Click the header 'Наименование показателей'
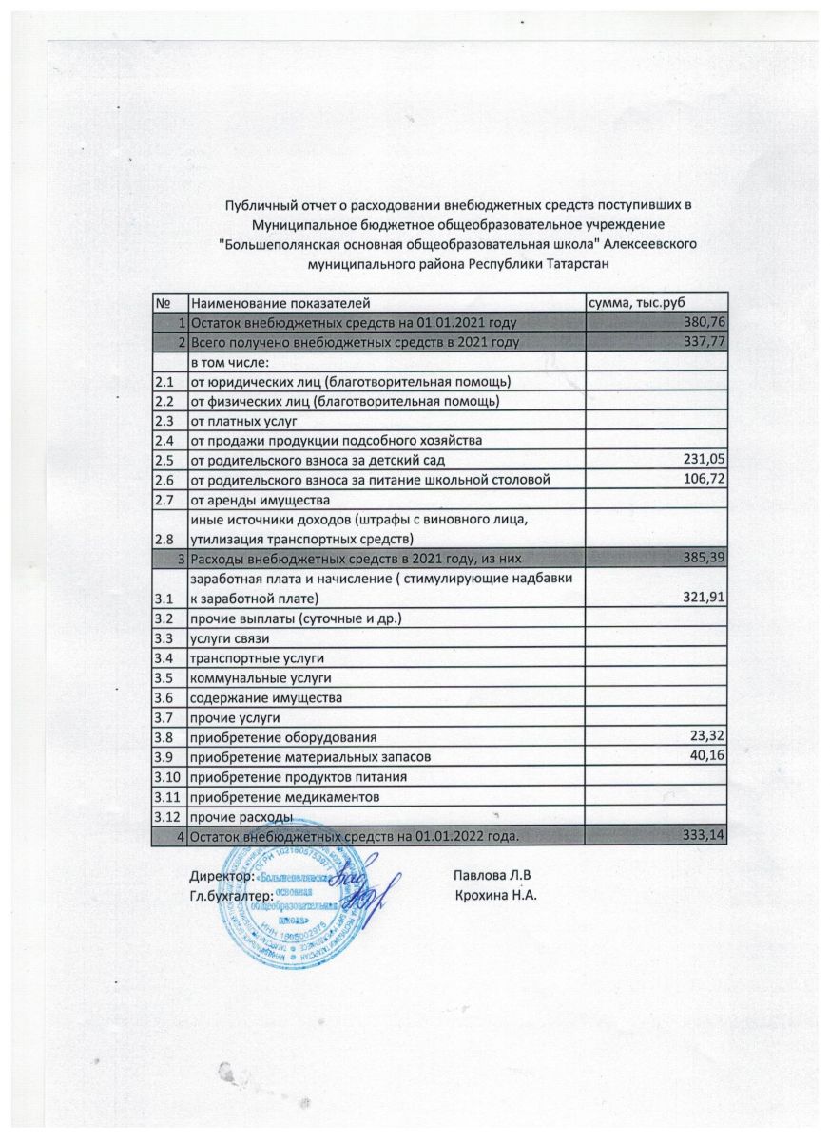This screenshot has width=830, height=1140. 279,302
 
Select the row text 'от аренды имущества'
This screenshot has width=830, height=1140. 260,500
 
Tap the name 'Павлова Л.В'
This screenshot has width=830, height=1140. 492,874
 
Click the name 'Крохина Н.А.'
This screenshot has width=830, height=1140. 496,894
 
